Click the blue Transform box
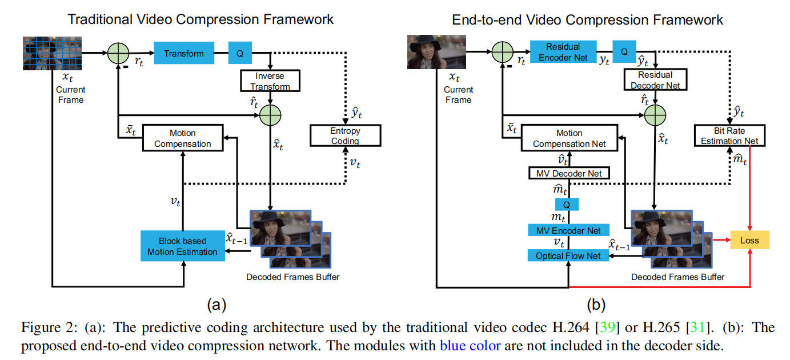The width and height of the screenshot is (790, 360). tap(183, 53)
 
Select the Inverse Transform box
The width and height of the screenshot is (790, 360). tap(270, 81)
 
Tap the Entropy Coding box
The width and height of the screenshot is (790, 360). tap(345, 135)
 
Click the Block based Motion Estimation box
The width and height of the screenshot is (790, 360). tap(182, 246)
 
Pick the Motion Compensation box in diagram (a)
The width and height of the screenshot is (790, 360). tap(182, 138)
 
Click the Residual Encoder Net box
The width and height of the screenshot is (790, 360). tap(563, 52)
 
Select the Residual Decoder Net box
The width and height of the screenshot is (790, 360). tap(655, 80)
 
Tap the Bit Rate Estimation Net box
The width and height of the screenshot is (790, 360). tap(729, 135)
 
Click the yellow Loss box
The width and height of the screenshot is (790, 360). tap(749, 240)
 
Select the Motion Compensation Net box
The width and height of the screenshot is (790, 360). tap(569, 138)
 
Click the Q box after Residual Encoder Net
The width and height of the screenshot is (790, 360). tap(624, 51)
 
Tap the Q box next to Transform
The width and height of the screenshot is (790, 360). tap(240, 53)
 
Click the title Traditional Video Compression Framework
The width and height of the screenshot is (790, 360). tap(200, 19)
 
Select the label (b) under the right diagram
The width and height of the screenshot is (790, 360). tap(595, 304)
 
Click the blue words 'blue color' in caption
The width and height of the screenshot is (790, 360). tap(470, 345)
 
